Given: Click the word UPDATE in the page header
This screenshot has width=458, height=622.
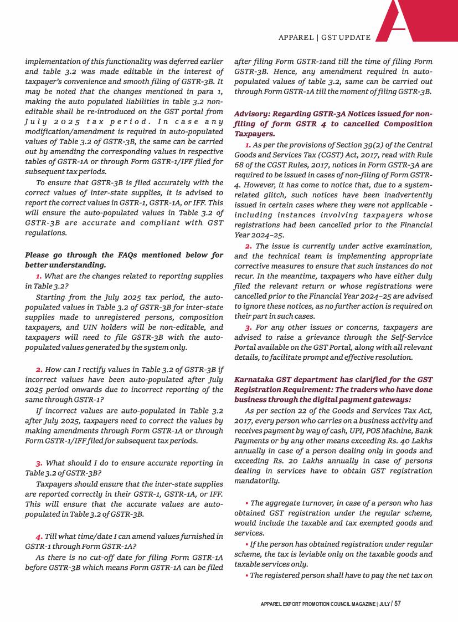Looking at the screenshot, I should coord(353,37).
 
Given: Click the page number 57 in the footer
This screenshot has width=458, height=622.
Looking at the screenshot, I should coord(398,604).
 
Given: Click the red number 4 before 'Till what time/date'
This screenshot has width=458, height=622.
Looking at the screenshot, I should coord(39,536).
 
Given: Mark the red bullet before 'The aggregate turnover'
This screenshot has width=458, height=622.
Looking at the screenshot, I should coord(246,503).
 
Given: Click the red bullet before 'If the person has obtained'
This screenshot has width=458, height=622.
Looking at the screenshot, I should coord(246,544).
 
